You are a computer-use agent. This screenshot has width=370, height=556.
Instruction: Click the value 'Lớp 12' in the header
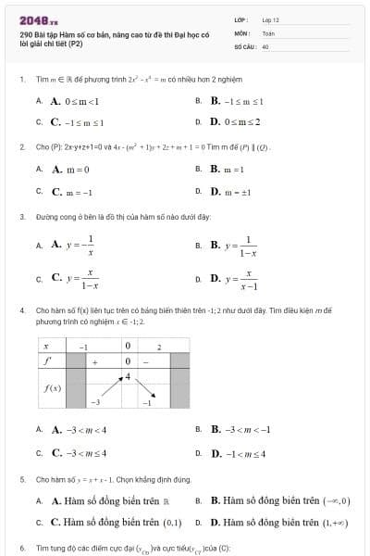[270, 19]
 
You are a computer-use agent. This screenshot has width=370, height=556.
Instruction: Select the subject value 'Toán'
[268, 32]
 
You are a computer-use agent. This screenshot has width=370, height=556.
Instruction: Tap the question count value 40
[265, 45]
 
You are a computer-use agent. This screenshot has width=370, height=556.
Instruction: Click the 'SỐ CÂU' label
[243, 45]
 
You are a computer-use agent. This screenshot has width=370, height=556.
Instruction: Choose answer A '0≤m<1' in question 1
[74, 101]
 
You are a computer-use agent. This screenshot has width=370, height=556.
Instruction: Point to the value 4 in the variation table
[128, 375]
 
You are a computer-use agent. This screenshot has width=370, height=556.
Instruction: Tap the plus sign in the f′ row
[95, 360]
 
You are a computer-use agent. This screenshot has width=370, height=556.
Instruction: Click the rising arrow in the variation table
[112, 387]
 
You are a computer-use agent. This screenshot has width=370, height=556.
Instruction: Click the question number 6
[21, 549]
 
